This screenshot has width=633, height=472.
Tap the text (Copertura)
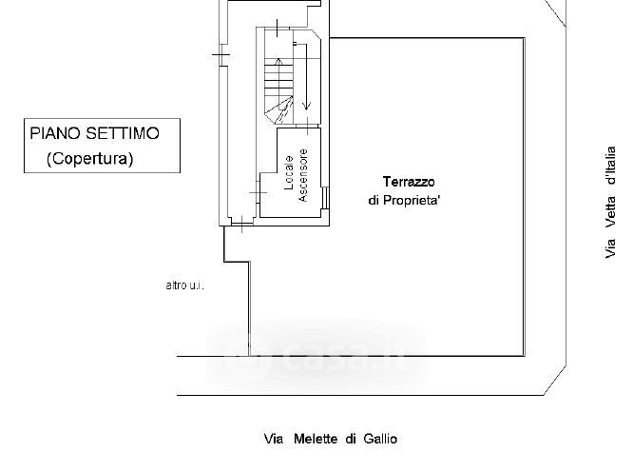click(x=90, y=159)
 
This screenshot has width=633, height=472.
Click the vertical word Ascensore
click(x=303, y=176)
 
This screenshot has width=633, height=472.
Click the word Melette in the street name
click(x=316, y=439)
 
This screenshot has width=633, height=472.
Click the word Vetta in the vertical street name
click(x=609, y=212)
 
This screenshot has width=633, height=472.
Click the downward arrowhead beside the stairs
click(x=307, y=105)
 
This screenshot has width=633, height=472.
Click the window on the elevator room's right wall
click(x=326, y=197)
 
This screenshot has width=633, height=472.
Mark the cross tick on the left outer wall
click(x=221, y=54)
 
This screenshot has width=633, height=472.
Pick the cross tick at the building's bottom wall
click(x=242, y=226)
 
